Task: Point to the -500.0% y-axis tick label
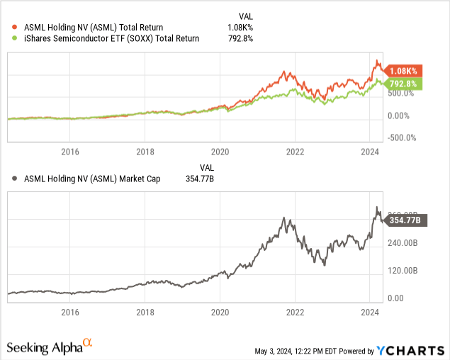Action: pyautogui.click(x=403, y=138)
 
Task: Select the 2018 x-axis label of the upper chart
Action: pyautogui.click(x=145, y=152)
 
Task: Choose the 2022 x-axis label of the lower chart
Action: pyautogui.click(x=295, y=311)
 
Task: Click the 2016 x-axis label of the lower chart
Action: pyautogui.click(x=69, y=311)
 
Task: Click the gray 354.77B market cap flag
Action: pyautogui.click(x=405, y=220)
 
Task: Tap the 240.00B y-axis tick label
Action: pyautogui.click(x=404, y=243)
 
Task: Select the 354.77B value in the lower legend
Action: pyautogui.click(x=199, y=179)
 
